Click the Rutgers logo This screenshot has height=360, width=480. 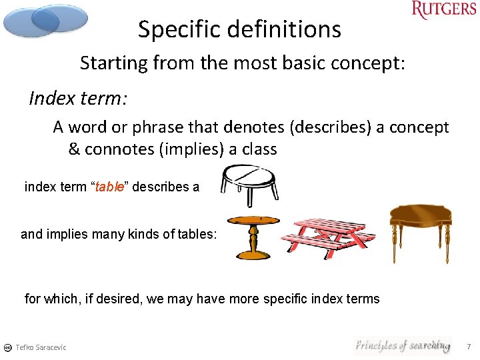pos(444,11)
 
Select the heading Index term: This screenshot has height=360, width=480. pos(78,99)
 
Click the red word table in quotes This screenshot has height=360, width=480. pos(110,187)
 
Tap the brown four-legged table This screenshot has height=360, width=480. pos(420,230)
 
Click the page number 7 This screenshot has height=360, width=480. pos(469,347)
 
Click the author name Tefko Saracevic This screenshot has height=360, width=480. pos(41,347)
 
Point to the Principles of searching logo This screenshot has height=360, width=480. pos(402,345)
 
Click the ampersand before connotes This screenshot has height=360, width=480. pos(74,149)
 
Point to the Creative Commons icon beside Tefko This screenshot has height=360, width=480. pos(7,347)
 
